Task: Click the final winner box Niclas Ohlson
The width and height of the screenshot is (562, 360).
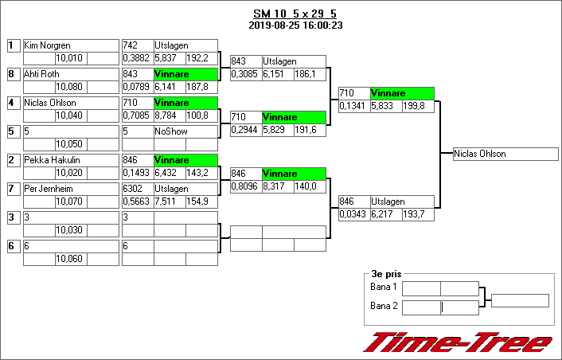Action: pos(505,154)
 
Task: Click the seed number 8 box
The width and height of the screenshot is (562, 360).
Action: pos(12,74)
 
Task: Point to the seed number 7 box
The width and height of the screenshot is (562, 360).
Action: pos(12,189)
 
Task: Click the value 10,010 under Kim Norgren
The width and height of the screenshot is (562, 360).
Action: pos(70,58)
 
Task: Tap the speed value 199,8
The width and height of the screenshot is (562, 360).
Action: pos(417,106)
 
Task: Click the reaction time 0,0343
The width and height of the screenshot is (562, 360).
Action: pos(353,214)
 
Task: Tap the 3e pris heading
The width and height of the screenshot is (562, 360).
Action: pos(386,272)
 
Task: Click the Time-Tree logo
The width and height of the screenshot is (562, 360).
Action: pos(457,343)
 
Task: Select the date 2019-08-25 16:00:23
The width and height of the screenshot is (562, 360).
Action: pos(295,25)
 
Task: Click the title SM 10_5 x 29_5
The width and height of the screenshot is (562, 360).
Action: pos(295,14)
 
